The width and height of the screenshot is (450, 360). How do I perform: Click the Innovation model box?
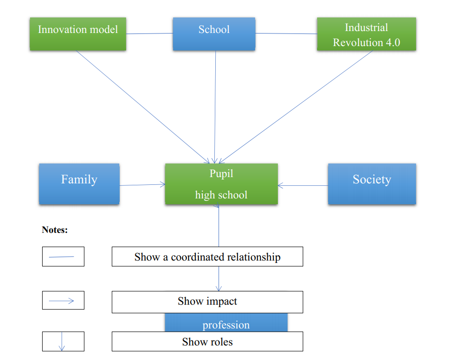pyautogui.click(x=78, y=34)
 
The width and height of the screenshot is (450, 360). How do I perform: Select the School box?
pyautogui.click(x=214, y=34)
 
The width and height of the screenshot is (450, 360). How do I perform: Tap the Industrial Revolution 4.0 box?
pyautogui.click(x=367, y=34)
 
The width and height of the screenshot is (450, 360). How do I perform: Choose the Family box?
pyautogui.click(x=79, y=184)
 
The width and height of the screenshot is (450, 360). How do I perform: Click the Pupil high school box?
pyautogui.click(x=221, y=184)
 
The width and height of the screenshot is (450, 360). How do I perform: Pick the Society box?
pyautogui.click(x=372, y=184)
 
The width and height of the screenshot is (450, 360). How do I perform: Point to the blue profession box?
pyautogui.click(x=226, y=322)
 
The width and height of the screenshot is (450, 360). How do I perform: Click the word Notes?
pyautogui.click(x=55, y=229)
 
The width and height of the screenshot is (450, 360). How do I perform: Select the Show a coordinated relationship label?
pyautogui.click(x=207, y=257)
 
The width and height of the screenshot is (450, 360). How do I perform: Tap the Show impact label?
pyautogui.click(x=207, y=302)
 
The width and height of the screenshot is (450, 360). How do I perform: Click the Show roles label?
pyautogui.click(x=207, y=342)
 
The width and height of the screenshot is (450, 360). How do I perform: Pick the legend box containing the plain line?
pyautogui.click(x=63, y=256)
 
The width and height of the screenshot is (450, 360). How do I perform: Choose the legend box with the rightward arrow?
pyautogui.click(x=63, y=300)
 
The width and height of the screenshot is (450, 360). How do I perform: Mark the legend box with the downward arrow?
pyautogui.click(x=63, y=342)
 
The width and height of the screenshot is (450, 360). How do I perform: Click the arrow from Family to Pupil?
pyautogui.click(x=143, y=184)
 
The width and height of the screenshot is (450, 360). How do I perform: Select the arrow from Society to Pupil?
pyautogui.click(x=303, y=185)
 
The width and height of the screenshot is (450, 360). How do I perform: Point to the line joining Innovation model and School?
pyautogui.click(x=149, y=33)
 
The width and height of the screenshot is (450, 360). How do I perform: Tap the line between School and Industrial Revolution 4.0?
pyautogui.click(x=286, y=33)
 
